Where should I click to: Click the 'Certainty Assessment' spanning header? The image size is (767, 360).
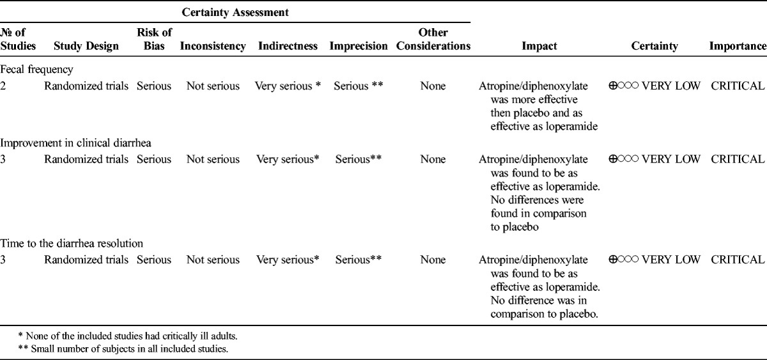236,12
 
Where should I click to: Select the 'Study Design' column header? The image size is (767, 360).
86,46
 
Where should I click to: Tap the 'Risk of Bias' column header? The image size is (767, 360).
153,39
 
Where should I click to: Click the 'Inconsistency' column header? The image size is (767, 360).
213,46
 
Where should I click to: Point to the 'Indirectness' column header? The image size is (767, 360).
288,46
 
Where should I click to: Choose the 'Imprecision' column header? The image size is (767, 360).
359,46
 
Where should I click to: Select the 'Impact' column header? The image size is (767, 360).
539,46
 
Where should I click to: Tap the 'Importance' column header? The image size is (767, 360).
737,46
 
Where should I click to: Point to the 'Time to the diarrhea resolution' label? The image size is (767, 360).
72,244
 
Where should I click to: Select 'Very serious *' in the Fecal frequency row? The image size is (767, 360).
288,86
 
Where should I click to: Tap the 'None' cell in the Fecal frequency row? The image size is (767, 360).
433,86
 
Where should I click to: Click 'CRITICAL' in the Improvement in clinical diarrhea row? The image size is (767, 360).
738,159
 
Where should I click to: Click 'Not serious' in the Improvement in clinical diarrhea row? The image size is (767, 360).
213,159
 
